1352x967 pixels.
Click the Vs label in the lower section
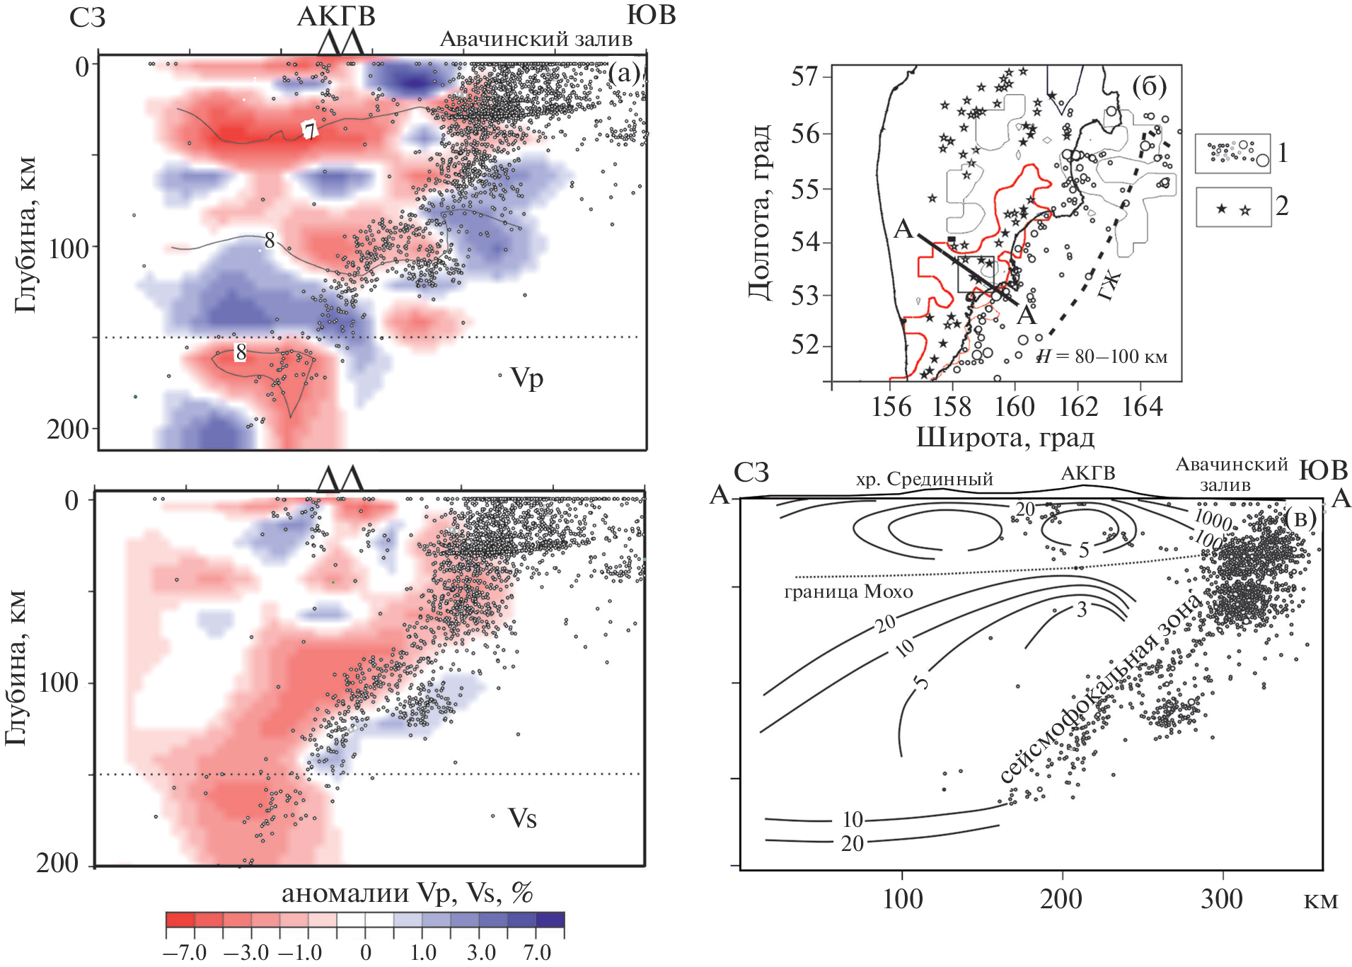click(x=522, y=818)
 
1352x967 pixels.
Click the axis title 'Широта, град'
click(x=1005, y=437)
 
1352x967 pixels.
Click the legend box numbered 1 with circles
click(x=1232, y=153)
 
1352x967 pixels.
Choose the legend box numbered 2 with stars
click(x=1233, y=207)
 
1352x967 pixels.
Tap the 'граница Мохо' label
click(x=848, y=591)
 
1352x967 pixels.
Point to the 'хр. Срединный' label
click(x=924, y=479)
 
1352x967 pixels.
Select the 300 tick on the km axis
click(x=1221, y=899)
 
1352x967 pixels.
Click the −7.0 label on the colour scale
click(x=185, y=952)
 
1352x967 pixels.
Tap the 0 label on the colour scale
click(x=365, y=952)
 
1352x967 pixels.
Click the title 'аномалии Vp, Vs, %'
click(x=407, y=893)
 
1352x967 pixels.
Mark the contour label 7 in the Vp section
click(x=309, y=131)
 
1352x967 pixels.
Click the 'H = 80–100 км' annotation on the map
click(x=1102, y=357)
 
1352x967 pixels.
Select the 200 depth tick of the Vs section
click(x=58, y=864)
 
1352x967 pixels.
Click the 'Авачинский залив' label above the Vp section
click(x=536, y=40)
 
